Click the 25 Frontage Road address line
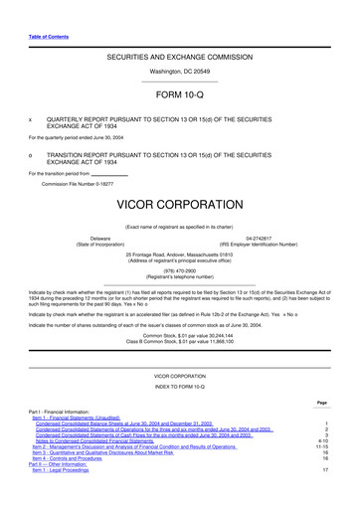[x=180, y=254]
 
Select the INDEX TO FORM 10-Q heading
[x=180, y=387]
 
